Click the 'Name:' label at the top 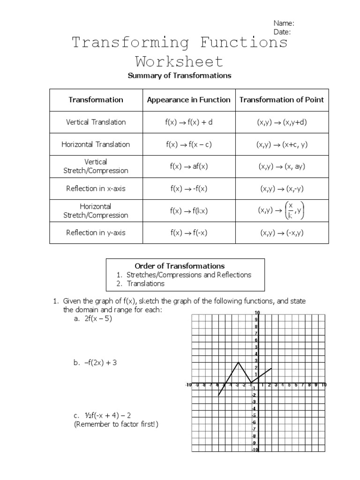pos(284,23)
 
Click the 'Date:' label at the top pos(282,32)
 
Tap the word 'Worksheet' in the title pos(180,61)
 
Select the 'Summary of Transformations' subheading pos(180,75)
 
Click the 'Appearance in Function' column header pos(188,99)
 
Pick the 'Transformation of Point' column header pos(281,99)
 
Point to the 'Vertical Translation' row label pos(96,122)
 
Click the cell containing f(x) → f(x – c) pos(188,144)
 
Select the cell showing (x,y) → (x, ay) pos(281,166)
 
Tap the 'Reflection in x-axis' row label pos(96,189)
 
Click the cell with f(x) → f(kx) pos(188,211)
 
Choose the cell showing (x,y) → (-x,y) pos(281,232)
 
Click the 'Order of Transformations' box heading pos(186,266)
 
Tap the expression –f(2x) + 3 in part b pos(101,362)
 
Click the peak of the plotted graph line pos(239,362)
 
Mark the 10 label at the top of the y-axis pos(257,313)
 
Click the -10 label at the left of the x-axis pos(188,385)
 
